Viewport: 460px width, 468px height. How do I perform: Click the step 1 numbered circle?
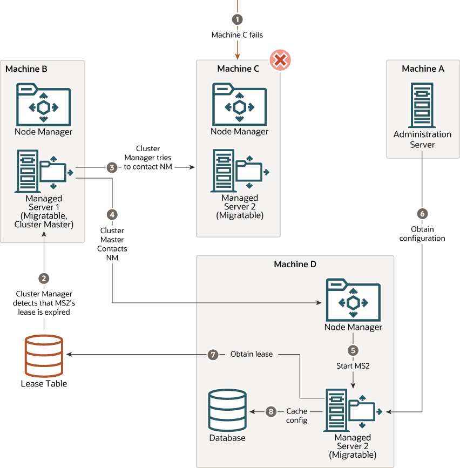coord(237,19)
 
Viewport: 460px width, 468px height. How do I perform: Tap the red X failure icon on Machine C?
coord(280,59)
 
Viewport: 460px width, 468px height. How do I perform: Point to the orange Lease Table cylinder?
coord(44,356)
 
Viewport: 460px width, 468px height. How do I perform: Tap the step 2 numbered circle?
coord(44,278)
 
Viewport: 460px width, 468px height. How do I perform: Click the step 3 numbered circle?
coord(112,167)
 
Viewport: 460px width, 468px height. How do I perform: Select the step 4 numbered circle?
coord(112,214)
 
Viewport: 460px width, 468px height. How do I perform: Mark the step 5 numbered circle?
coord(353,350)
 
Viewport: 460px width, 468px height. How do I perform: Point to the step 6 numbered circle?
coord(422,213)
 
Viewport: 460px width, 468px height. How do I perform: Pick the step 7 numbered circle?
coord(214,355)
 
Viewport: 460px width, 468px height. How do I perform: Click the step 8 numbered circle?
coord(271,412)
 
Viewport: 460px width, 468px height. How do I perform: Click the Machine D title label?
coord(295,264)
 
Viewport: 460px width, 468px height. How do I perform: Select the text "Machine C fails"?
coord(237,35)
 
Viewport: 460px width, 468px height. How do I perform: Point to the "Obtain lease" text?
coord(252,355)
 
